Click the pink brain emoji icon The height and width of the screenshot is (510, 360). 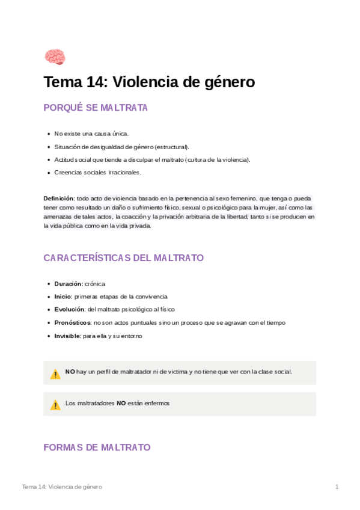(x=55, y=57)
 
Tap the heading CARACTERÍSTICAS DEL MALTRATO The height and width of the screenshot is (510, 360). (x=123, y=258)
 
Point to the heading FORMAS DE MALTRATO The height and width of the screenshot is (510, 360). (x=97, y=447)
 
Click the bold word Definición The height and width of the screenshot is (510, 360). (x=58, y=198)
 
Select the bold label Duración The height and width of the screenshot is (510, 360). (x=67, y=283)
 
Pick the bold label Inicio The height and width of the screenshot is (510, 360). (x=63, y=296)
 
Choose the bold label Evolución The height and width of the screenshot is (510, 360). (x=69, y=309)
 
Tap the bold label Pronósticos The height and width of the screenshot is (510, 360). (x=72, y=322)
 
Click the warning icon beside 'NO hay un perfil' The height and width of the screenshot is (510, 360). (x=55, y=373)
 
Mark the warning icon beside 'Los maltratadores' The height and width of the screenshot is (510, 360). (x=55, y=405)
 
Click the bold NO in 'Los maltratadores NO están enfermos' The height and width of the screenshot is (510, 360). (x=121, y=403)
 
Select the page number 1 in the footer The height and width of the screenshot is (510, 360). (x=337, y=487)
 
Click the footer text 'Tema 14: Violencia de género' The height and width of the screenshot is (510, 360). (x=62, y=487)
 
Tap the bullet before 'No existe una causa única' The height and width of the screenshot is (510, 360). (x=48, y=134)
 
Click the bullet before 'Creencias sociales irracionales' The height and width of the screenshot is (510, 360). (x=48, y=173)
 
